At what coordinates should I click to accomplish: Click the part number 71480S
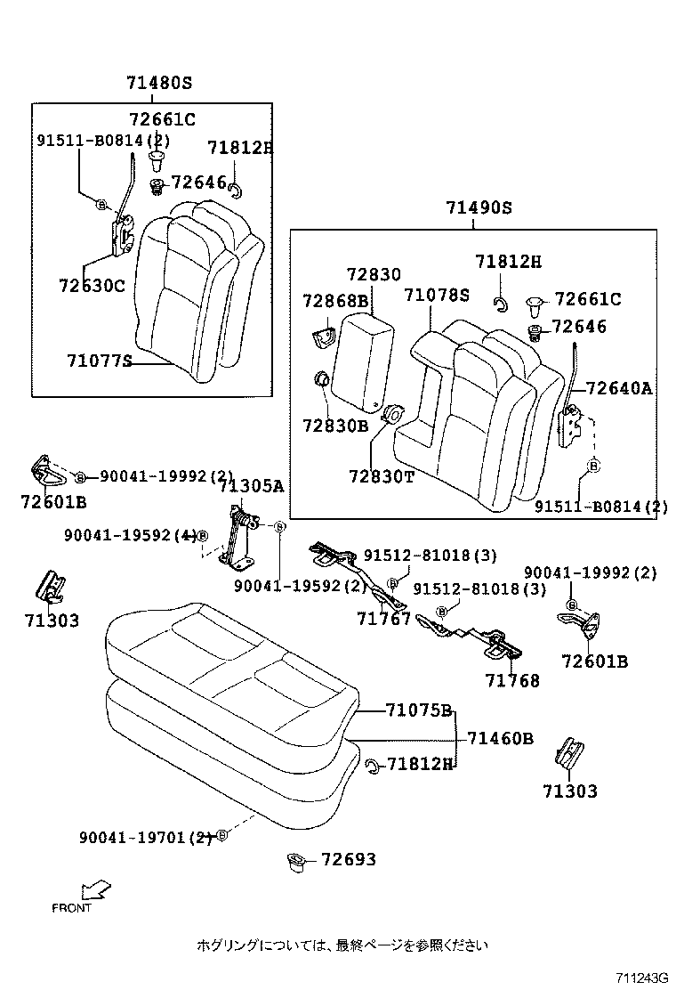tap(158, 83)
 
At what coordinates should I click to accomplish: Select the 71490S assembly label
tap(479, 208)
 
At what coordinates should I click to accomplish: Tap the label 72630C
tap(92, 286)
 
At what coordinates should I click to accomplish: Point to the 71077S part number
tap(99, 361)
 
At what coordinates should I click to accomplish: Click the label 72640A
tap(619, 388)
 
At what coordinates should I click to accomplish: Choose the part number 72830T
tap(381, 476)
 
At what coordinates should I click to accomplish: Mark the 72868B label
tap(334, 301)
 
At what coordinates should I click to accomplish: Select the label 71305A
tap(252, 485)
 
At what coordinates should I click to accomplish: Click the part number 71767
tap(383, 619)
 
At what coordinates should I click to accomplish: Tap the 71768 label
tap(512, 681)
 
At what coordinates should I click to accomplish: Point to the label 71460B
tap(500, 738)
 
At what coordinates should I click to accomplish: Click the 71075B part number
tap(419, 710)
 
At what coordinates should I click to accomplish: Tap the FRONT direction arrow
tap(94, 890)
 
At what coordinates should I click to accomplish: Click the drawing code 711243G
tap(638, 978)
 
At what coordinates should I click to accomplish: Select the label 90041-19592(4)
tap(130, 535)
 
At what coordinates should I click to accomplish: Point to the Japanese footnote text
tap(342, 945)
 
